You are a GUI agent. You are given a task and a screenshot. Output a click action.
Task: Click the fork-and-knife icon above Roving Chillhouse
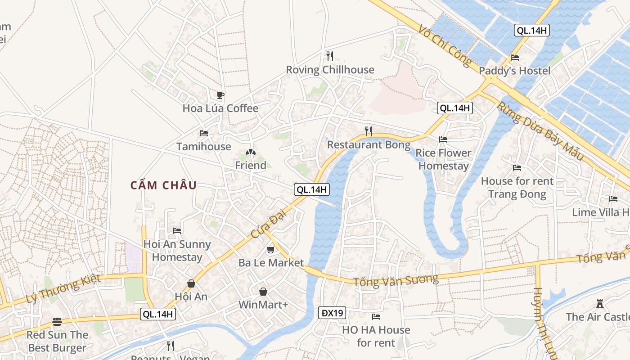330,56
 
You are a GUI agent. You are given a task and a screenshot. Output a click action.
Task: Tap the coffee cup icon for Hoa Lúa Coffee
220,95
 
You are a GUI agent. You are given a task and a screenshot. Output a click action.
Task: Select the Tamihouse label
203,147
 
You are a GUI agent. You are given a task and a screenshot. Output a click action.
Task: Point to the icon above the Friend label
250,152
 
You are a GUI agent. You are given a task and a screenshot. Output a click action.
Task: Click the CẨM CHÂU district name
163,185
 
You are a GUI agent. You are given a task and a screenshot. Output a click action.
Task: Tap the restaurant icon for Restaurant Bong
369,131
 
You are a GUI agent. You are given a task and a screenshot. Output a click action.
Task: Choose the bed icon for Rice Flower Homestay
443,139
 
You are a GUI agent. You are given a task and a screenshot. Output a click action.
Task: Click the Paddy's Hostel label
514,71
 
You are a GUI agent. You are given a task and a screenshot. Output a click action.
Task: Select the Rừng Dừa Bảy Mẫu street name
540,130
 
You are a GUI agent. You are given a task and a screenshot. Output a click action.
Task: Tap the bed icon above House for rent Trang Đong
517,168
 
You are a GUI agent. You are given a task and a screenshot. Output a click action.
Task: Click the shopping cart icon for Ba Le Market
270,250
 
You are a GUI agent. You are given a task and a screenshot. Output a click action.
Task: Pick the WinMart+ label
263,305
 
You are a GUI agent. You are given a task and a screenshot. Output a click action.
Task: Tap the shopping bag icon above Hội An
191,283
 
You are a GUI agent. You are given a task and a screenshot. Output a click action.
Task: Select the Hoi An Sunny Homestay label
177,251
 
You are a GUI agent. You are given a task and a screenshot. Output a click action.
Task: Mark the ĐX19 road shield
333,313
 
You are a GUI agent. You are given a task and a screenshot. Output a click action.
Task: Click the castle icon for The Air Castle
599,303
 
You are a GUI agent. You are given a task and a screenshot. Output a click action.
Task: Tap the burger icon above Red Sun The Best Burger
57,322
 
